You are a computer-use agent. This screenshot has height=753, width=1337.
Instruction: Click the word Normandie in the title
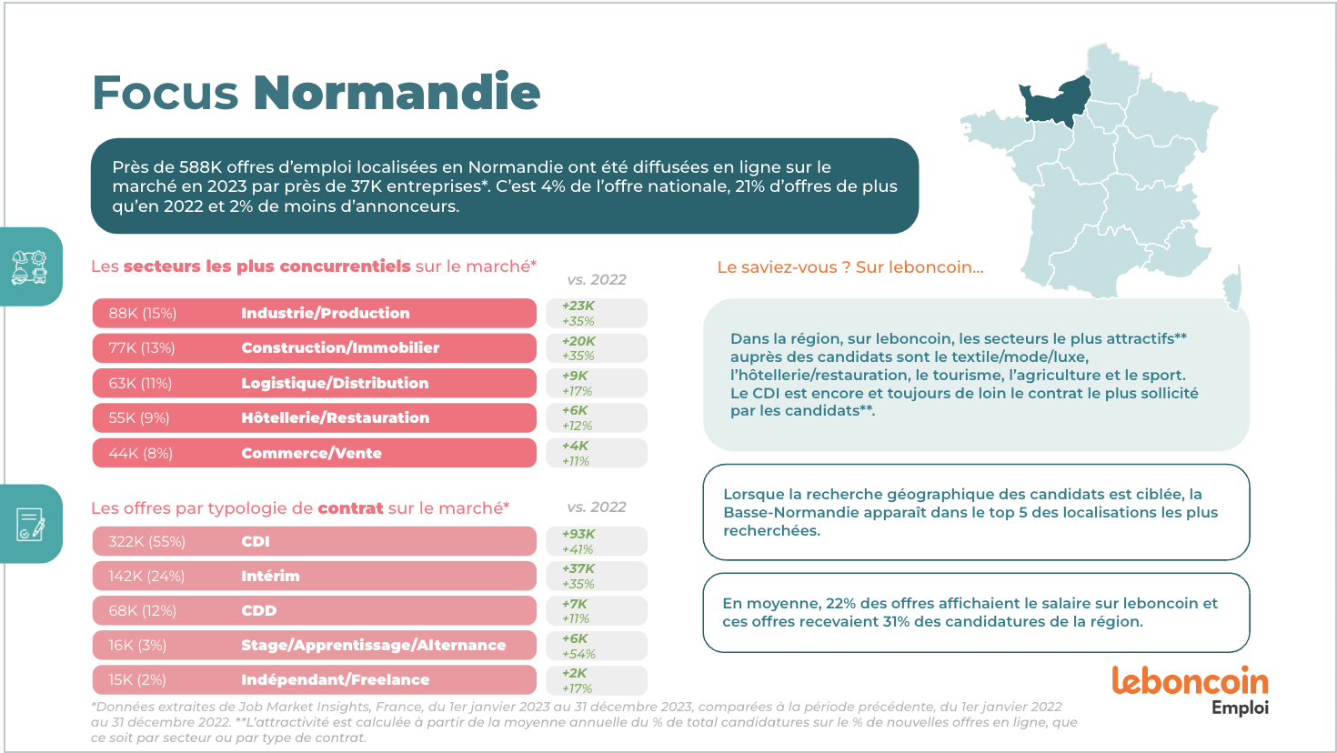tap(397, 93)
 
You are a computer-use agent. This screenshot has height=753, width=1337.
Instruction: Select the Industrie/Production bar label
tap(326, 313)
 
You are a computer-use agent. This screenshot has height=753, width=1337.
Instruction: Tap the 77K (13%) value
tap(142, 347)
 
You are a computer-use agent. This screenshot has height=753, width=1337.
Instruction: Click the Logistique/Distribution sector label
tap(335, 383)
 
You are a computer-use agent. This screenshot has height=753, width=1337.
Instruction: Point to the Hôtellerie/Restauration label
tap(335, 417)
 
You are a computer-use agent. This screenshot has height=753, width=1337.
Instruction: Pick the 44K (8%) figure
tap(141, 453)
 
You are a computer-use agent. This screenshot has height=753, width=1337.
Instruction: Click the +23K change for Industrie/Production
tap(578, 306)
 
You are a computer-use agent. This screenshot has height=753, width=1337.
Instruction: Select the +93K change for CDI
tap(578, 534)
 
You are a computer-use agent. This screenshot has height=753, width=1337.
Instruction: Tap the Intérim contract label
tap(270, 576)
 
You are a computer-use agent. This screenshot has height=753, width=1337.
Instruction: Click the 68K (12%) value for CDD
tap(143, 610)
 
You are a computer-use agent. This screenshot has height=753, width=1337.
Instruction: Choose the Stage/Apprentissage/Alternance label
tap(373, 645)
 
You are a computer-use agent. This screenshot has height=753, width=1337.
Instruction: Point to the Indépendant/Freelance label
tap(335, 679)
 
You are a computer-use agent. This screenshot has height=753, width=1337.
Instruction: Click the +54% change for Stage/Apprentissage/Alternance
tap(578, 654)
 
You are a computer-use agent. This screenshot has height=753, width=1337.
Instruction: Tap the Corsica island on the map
tap(1232, 286)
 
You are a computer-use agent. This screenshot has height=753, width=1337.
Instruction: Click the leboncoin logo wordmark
tap(1190, 681)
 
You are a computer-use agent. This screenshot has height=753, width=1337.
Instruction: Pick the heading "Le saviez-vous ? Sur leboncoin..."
tap(850, 267)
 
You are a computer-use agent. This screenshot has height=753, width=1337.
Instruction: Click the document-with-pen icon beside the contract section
tap(30, 525)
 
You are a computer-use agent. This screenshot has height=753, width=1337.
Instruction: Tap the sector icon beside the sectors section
tap(29, 267)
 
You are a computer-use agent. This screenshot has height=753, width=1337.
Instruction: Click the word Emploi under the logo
tap(1240, 708)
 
